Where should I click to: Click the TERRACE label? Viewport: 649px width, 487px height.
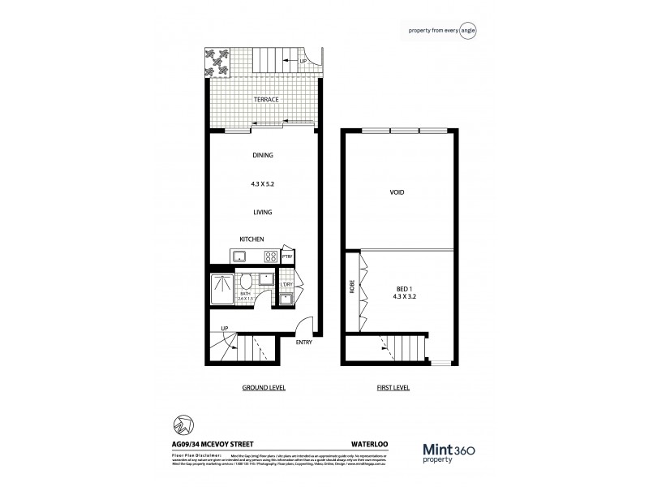266,99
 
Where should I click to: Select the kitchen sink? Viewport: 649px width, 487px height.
239,256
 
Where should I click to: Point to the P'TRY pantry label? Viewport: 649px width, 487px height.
287,256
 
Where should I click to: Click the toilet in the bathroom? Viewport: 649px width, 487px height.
245,286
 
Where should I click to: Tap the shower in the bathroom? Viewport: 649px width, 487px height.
221,288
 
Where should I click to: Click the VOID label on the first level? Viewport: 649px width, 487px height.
398,192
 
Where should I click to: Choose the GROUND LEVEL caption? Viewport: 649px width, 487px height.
261,388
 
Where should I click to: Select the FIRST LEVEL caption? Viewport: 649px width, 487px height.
393,388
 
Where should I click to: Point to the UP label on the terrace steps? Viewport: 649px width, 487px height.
303,62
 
